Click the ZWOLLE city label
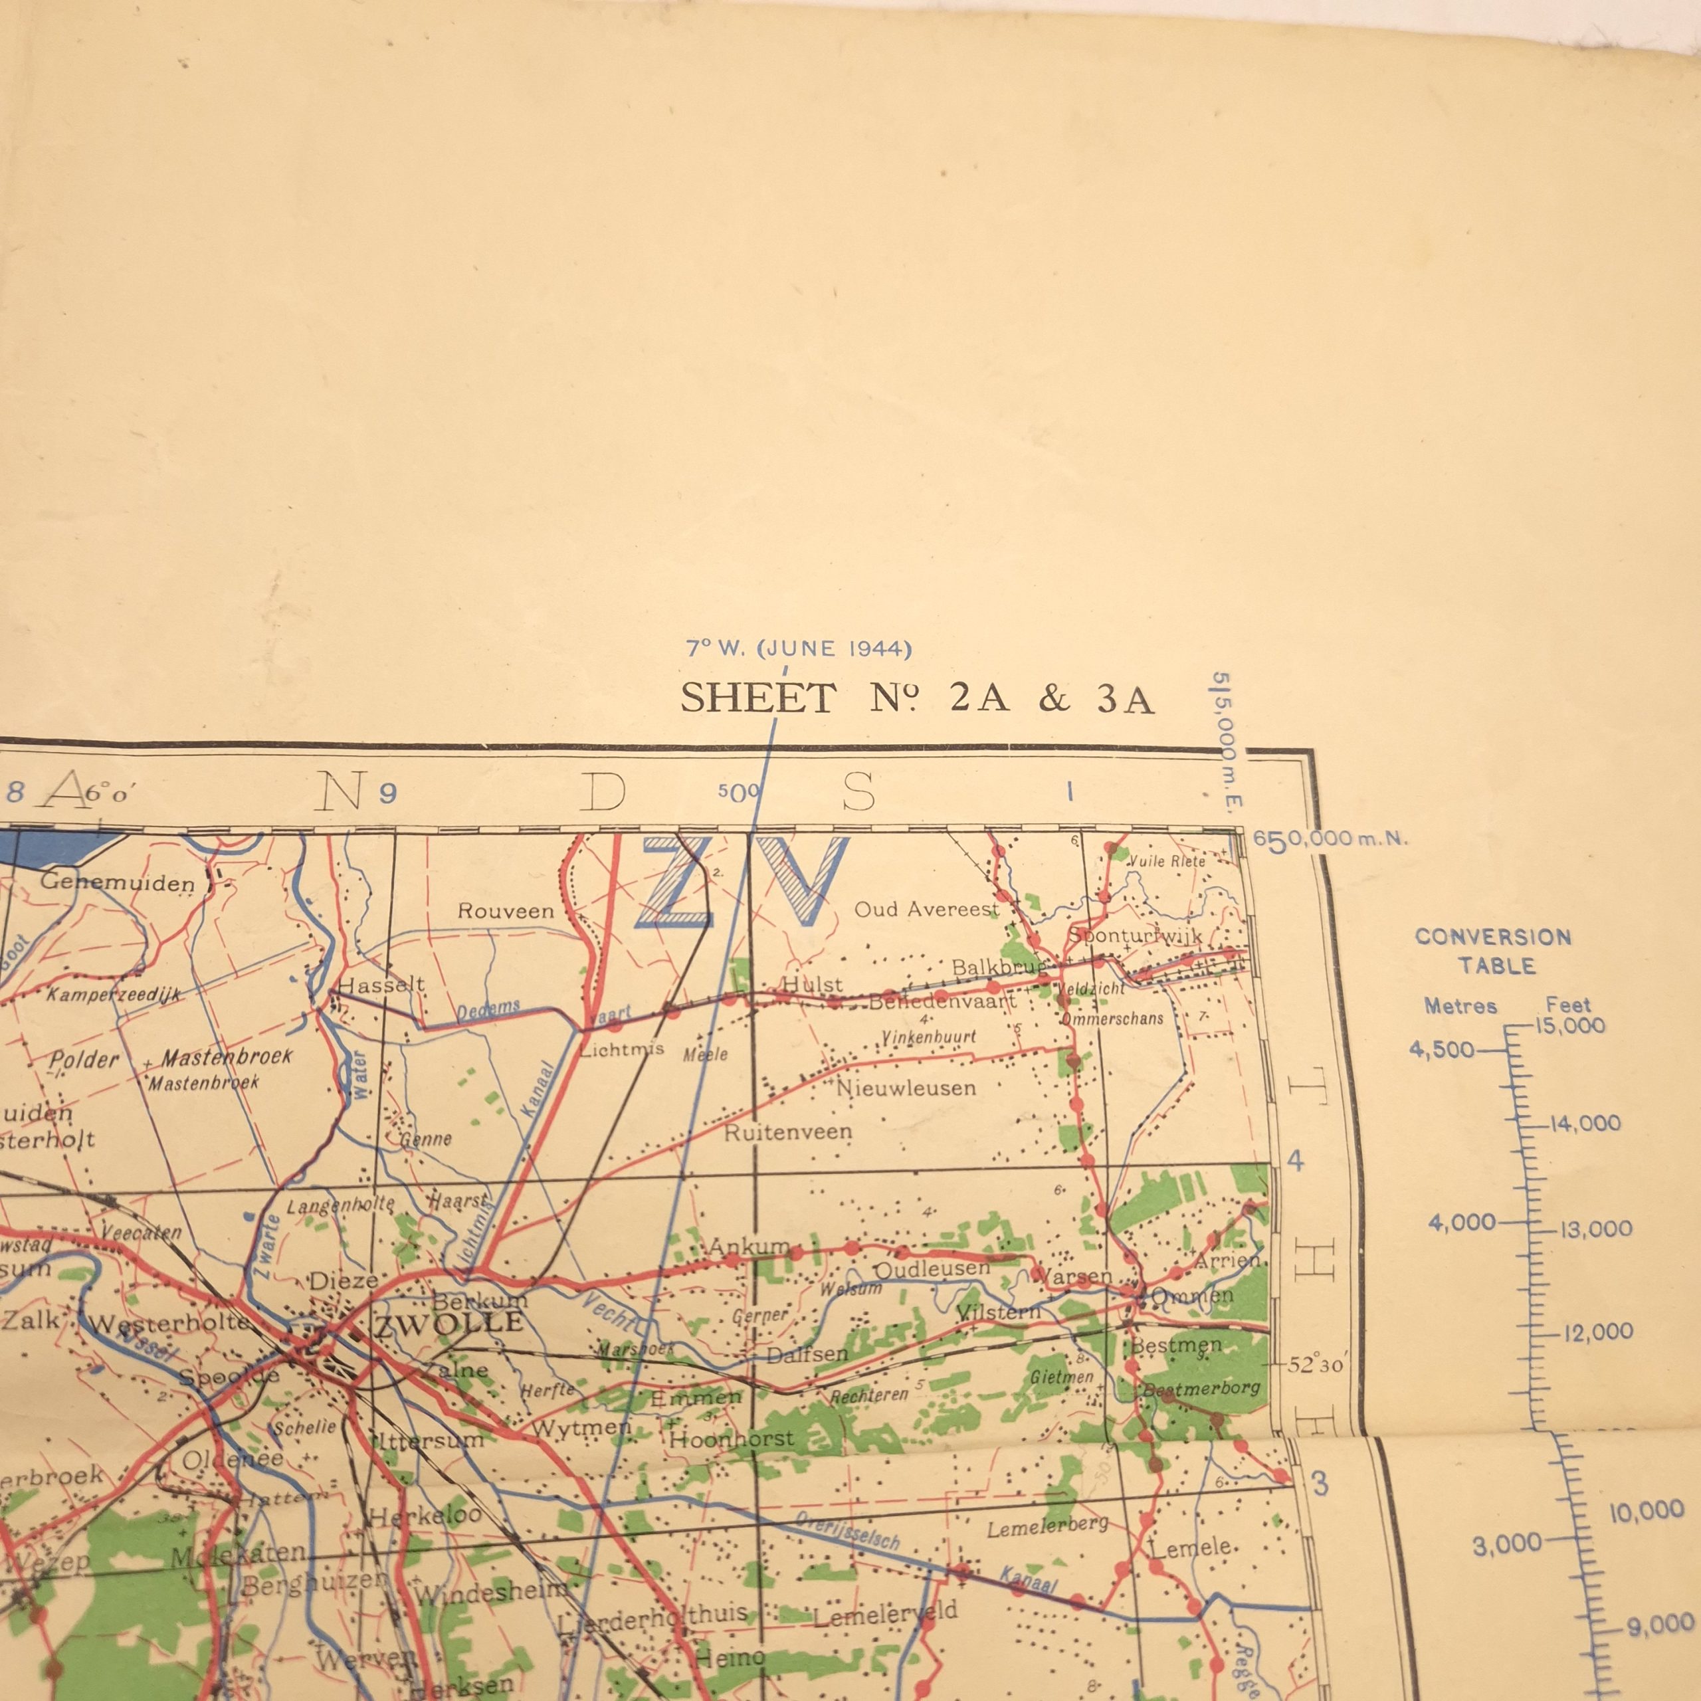(x=450, y=1324)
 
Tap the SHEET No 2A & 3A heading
(x=916, y=699)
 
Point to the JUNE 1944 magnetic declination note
(x=799, y=650)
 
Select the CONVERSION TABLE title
(x=1493, y=951)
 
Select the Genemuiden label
(x=117, y=882)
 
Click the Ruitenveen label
(x=788, y=1132)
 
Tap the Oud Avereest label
(x=926, y=910)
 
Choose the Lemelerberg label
(x=1046, y=1528)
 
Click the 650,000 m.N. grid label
(x=1330, y=839)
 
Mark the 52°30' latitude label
(x=1316, y=1365)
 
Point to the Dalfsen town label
(x=807, y=1355)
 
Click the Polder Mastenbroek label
(x=171, y=1058)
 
